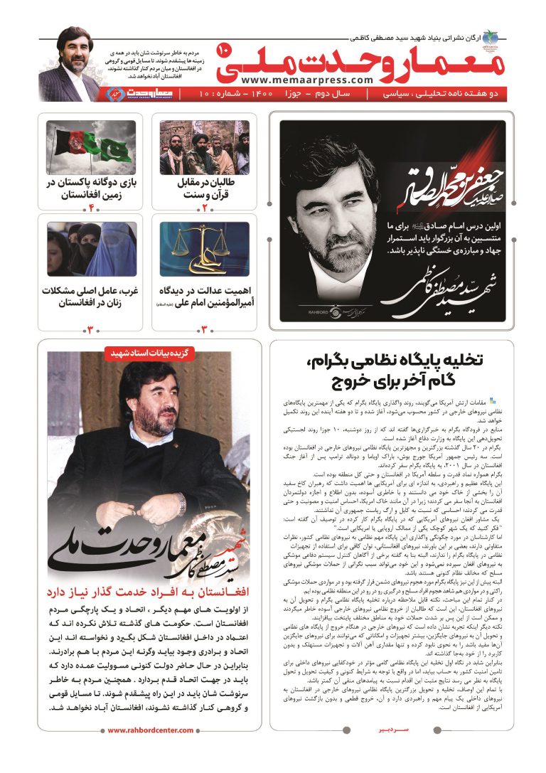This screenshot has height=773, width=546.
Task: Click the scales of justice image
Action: click(x=204, y=249)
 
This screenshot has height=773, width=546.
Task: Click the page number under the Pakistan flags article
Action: click(x=91, y=207)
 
